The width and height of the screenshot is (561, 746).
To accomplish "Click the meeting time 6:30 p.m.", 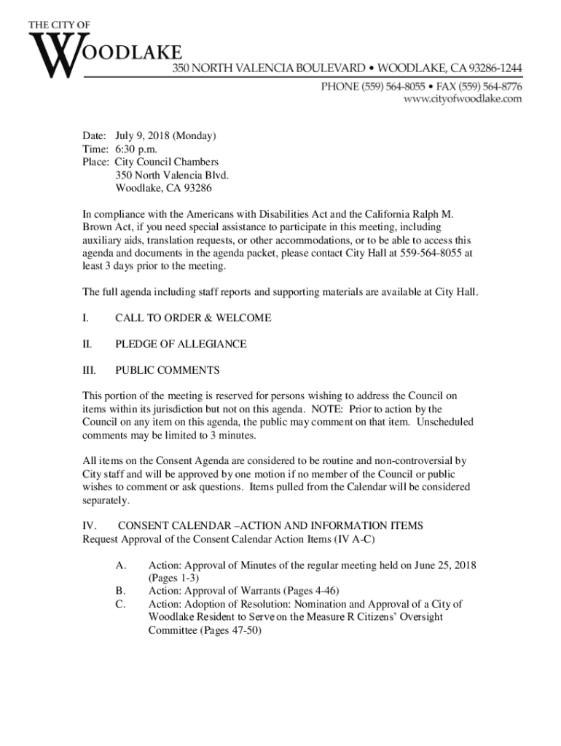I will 136,149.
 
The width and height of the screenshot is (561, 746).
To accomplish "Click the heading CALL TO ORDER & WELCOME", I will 193,318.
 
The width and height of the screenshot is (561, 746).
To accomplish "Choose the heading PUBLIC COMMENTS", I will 167,370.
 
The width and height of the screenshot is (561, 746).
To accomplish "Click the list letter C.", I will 120,604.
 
